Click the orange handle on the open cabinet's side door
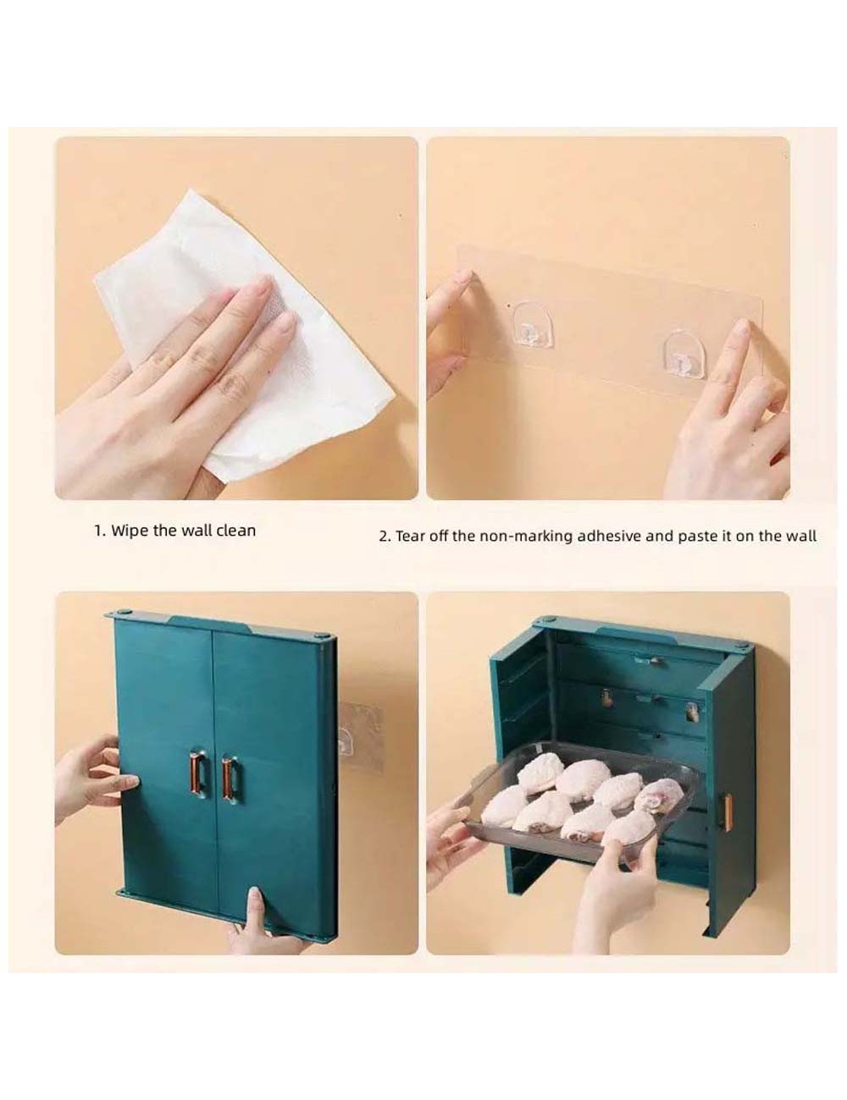pos(726,812)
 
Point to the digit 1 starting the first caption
pos(97,531)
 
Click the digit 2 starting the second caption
pos(383,536)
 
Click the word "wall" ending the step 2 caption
pos(802,536)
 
